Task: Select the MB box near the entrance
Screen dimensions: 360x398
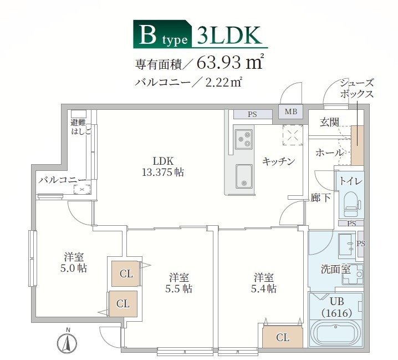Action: click(291, 111)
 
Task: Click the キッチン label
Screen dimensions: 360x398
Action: click(278, 161)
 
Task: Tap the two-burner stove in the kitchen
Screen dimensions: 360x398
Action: click(244, 138)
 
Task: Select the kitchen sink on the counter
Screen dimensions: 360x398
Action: click(244, 176)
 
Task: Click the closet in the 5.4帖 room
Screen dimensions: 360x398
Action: click(282, 337)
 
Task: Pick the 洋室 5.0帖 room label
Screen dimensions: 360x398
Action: click(74, 262)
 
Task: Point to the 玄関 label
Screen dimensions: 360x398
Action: click(330, 123)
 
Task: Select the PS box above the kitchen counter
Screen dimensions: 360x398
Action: click(252, 115)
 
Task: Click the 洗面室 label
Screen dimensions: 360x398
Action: click(335, 270)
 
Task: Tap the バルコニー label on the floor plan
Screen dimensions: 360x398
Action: click(62, 180)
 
